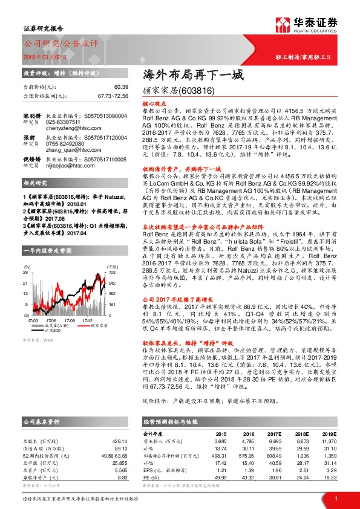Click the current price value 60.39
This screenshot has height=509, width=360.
coord(120,88)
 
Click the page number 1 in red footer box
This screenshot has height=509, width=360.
coord(335,498)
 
